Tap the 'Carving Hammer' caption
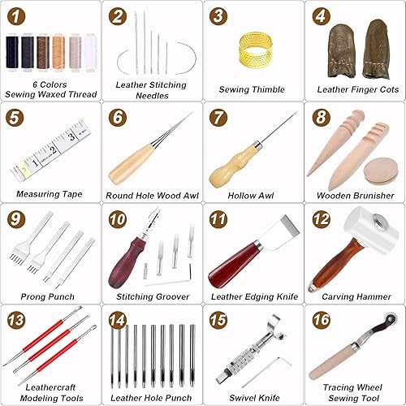click(x=353, y=296)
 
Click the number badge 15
click(x=219, y=319)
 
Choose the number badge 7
click(x=219, y=117)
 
